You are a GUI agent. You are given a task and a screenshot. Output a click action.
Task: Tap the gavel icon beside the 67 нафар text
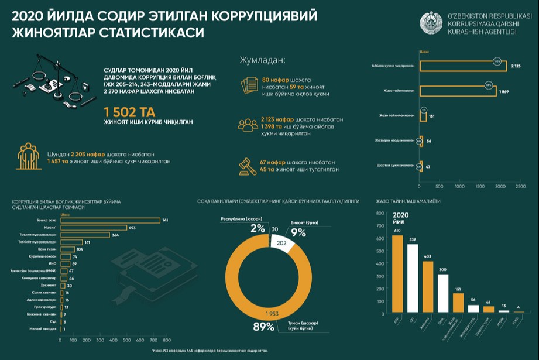[246, 166]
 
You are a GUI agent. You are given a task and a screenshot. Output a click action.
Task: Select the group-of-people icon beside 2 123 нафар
[247, 125]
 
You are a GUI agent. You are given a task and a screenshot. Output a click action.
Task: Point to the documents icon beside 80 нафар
[249, 85]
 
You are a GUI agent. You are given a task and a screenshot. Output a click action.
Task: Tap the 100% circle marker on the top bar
[497, 60]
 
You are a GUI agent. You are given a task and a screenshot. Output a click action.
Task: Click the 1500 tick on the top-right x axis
[480, 187]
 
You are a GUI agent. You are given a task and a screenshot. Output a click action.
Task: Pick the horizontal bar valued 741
[115, 220]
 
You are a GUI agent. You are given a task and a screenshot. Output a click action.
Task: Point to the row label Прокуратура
[46, 307]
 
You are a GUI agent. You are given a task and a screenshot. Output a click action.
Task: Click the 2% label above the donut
[258, 228]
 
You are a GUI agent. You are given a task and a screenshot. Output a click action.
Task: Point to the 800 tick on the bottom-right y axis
[380, 213]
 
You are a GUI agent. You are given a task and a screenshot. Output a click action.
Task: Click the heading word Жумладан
[262, 60]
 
